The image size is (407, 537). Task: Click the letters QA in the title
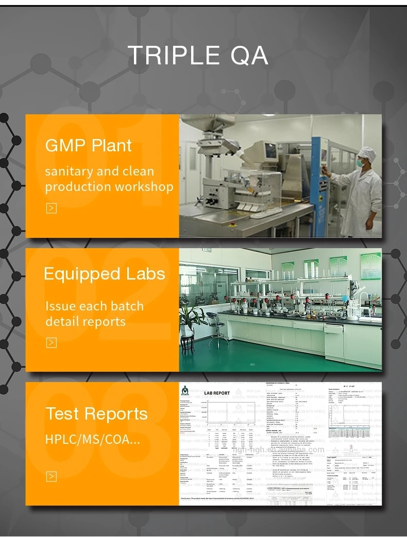(x=249, y=55)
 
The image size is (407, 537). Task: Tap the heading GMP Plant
(x=89, y=146)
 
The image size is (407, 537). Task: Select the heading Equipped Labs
(x=105, y=273)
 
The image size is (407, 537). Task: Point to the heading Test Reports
(x=97, y=413)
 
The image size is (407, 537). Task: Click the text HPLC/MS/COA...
(x=92, y=440)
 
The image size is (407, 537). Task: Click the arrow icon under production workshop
(x=51, y=208)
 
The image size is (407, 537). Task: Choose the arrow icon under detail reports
(x=51, y=342)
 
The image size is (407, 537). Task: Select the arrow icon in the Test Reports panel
(x=51, y=476)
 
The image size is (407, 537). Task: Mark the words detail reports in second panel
(x=86, y=322)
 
